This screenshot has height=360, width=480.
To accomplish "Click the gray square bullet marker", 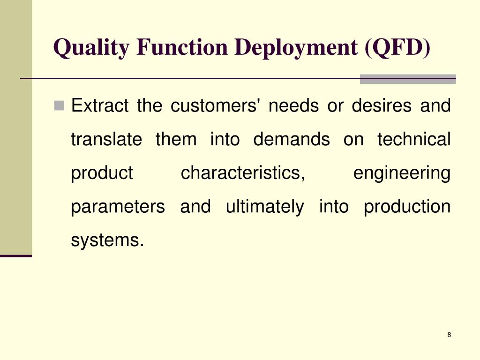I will click(x=59, y=105).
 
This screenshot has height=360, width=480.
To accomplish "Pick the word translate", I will click(x=106, y=139).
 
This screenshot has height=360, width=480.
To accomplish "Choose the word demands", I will click(x=292, y=139).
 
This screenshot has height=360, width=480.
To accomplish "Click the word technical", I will click(x=413, y=139).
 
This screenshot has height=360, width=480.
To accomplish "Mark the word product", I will click(x=102, y=174).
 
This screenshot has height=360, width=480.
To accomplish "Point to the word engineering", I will click(x=402, y=174).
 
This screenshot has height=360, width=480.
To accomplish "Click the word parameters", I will click(x=118, y=207).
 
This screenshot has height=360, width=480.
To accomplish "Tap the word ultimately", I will click(x=264, y=207).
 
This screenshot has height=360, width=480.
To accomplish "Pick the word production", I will click(x=407, y=207).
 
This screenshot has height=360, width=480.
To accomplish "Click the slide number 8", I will click(x=449, y=334).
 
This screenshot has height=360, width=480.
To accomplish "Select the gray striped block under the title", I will click(x=408, y=79).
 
